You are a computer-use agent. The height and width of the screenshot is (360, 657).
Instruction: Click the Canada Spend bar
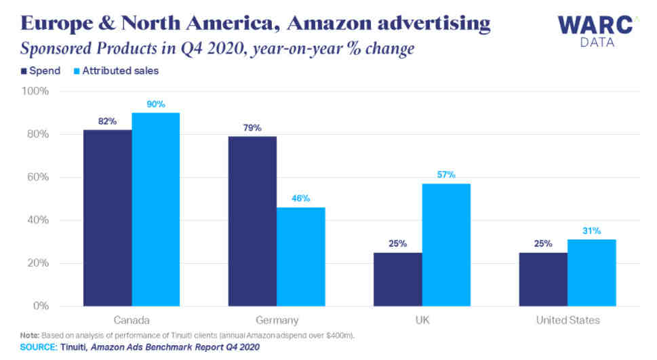tap(107, 218)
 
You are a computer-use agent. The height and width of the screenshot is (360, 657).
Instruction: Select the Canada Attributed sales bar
tap(156, 209)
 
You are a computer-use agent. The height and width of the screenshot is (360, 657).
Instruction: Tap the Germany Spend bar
tap(252, 221)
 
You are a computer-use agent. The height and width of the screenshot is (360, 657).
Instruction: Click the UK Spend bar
tap(397, 279)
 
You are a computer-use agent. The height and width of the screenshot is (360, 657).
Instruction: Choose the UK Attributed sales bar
tap(446, 245)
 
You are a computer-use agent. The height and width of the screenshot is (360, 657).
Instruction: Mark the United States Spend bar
tap(542, 279)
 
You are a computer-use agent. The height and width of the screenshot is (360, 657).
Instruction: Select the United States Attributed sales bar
tap(591, 273)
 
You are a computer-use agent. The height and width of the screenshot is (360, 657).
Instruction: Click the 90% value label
tap(156, 104)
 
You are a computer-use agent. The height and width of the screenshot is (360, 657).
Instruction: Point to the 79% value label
tap(252, 128)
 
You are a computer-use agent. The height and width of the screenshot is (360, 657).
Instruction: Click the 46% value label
tap(301, 199)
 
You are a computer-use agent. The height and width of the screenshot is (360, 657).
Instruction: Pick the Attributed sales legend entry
tap(115, 70)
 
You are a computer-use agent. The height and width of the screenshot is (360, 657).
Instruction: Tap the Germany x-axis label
tap(277, 319)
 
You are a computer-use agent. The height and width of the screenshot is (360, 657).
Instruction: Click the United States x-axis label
tap(567, 319)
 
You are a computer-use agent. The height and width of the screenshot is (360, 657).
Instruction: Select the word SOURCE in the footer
tap(37, 347)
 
